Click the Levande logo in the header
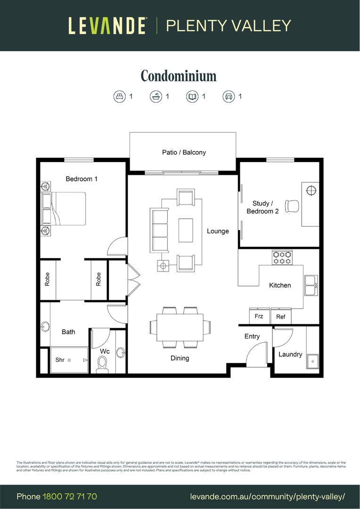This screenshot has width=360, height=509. point(108,25)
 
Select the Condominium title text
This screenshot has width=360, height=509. point(179,76)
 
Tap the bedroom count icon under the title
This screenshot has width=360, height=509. point(120,97)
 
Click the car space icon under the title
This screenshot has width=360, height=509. point(229,97)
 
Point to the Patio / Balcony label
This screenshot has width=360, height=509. point(184,152)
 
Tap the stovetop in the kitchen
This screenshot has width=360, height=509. point(282,257)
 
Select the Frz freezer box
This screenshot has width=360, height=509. point(259,316)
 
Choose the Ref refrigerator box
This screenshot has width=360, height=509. point(281,316)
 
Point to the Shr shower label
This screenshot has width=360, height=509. point(60,360)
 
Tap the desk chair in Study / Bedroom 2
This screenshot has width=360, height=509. point(292,206)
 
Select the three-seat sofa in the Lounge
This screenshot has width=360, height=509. point(159,230)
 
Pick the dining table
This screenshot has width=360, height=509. point(180,327)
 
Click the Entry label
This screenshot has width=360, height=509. point(252,336)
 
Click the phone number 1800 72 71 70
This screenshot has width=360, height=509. point(70,497)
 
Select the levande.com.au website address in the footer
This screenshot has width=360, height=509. point(268,497)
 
